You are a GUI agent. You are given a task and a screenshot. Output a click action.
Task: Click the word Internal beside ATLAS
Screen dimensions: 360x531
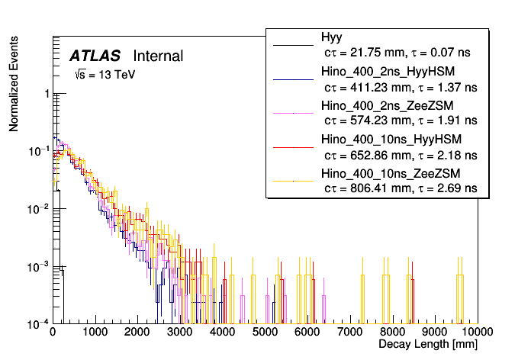click(158, 56)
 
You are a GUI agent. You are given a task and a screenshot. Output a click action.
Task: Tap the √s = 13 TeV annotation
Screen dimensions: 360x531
click(105, 75)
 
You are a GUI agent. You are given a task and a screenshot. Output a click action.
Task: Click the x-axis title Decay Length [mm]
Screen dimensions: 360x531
click(429, 346)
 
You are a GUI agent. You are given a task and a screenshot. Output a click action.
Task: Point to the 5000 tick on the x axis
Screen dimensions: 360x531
click(265, 333)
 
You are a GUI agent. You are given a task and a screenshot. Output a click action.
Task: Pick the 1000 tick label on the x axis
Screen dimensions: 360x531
click(95, 333)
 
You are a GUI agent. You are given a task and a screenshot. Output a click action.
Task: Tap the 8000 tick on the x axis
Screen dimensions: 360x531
click(393, 333)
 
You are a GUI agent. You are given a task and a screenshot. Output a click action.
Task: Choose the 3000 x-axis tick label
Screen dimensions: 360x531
click(180, 333)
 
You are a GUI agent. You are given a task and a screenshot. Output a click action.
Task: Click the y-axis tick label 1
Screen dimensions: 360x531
click(46, 94)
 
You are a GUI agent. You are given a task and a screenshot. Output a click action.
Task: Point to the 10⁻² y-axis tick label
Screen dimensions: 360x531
click(40, 208)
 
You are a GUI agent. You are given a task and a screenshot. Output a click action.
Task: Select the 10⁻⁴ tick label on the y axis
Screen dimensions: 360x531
click(40, 323)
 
